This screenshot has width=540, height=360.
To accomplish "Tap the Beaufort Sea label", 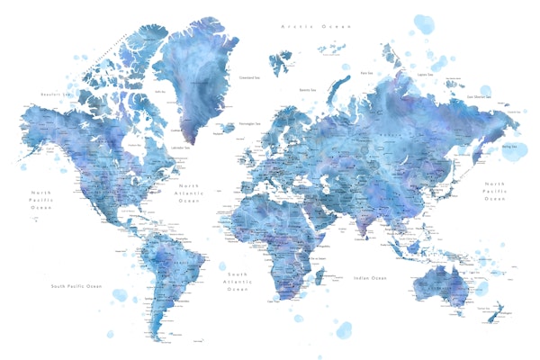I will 56,94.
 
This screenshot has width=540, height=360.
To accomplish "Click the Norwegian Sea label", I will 250,123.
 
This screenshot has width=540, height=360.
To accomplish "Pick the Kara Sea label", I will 366,73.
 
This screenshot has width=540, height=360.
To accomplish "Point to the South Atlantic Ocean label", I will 238,282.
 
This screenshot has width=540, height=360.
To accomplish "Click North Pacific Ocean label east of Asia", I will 496,191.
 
